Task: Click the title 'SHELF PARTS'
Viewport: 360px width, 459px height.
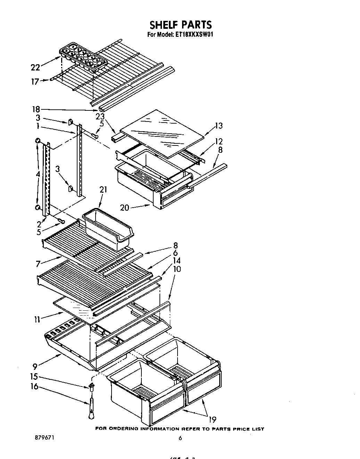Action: point(180,25)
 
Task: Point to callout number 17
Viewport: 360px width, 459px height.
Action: point(35,82)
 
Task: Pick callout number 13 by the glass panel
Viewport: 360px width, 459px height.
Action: point(219,126)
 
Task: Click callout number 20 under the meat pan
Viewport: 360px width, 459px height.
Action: point(124,208)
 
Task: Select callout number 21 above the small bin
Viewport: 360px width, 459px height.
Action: point(103,190)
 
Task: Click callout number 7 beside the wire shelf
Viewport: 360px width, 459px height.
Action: point(38,264)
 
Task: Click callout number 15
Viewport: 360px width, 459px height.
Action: point(34,377)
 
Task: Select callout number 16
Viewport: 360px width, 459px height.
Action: point(34,386)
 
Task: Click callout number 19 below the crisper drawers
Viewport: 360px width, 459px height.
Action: point(213,419)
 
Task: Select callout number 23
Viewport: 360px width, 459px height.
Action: point(100,117)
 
